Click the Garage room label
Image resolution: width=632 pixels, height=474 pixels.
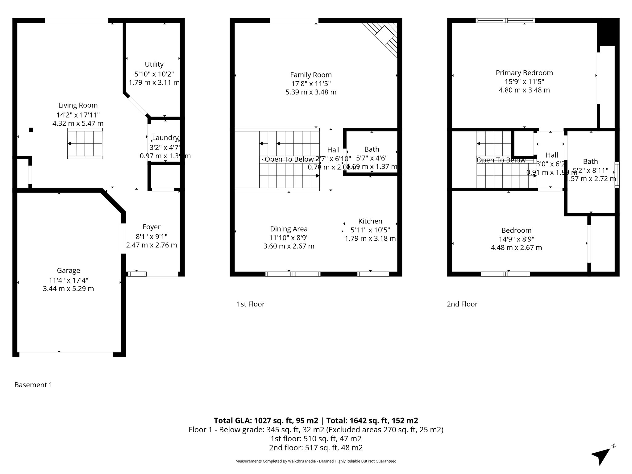click(69, 271)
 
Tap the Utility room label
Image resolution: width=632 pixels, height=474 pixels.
click(154, 64)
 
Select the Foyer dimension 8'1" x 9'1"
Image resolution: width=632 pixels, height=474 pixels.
click(152, 237)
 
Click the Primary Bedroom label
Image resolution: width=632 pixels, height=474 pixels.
click(524, 73)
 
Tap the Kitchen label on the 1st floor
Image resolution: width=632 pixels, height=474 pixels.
click(370, 221)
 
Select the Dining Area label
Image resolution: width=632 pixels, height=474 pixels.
click(289, 229)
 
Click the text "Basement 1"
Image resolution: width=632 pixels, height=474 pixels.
click(33, 385)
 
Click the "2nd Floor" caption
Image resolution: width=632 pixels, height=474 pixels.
click(462, 304)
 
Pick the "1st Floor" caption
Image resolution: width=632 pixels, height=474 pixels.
click(251, 304)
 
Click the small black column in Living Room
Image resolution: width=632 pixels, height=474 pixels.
click(31, 130)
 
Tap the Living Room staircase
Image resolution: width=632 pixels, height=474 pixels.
click(85, 144)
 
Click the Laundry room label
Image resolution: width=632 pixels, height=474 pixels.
click(165, 138)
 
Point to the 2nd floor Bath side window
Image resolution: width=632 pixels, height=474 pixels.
click(617, 175)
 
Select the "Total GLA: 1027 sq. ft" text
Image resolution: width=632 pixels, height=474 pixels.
click(266, 421)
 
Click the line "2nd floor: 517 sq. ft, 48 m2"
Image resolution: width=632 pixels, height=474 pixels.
click(316, 447)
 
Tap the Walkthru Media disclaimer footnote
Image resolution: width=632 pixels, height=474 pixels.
click(316, 461)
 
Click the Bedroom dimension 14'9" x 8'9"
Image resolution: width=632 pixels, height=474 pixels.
click(516, 239)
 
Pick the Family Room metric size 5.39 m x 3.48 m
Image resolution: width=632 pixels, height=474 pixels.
click(311, 92)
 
